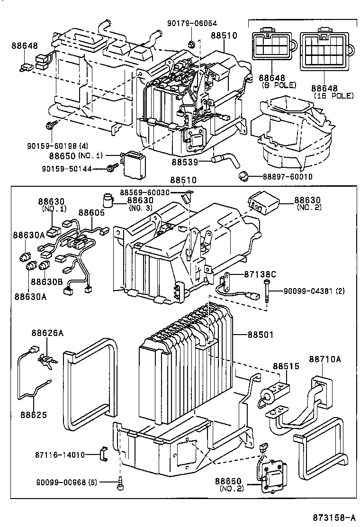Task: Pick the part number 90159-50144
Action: click(72, 168)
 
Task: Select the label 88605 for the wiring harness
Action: click(91, 213)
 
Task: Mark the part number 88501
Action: click(260, 335)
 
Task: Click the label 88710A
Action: click(325, 359)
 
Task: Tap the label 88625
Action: click(33, 414)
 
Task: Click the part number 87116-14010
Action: click(59, 454)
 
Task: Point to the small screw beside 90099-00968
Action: click(120, 484)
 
